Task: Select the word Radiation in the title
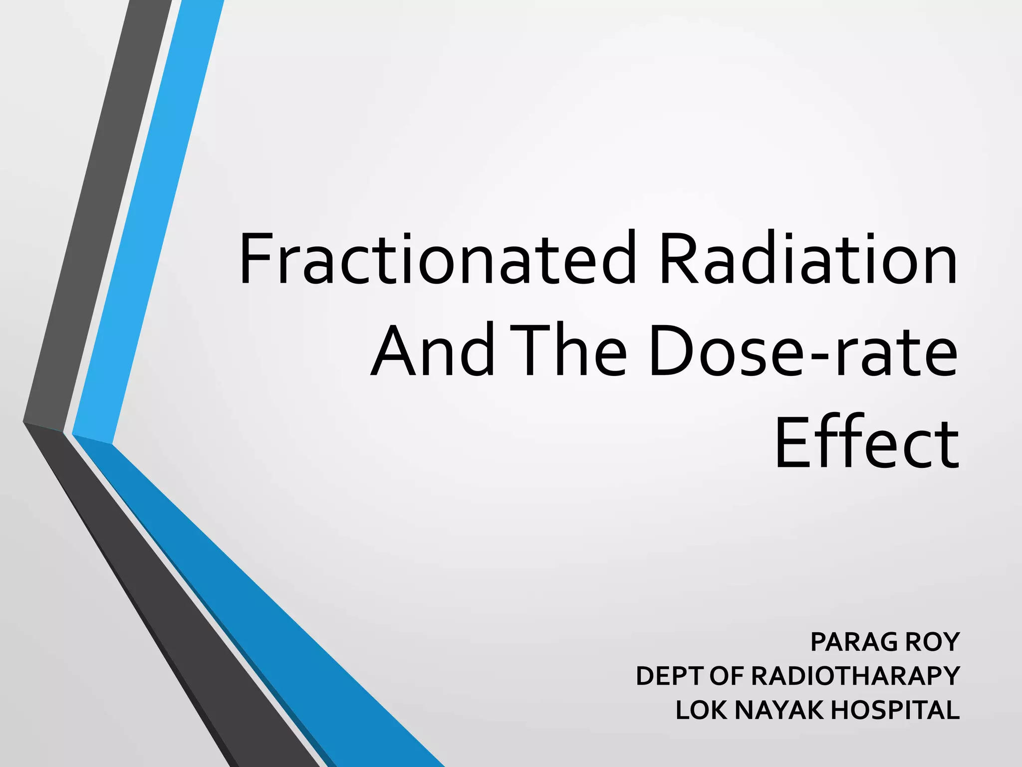[x=808, y=259]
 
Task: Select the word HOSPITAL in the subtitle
[x=895, y=711]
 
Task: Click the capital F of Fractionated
[x=255, y=259]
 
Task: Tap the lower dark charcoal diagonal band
[x=190, y=624]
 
